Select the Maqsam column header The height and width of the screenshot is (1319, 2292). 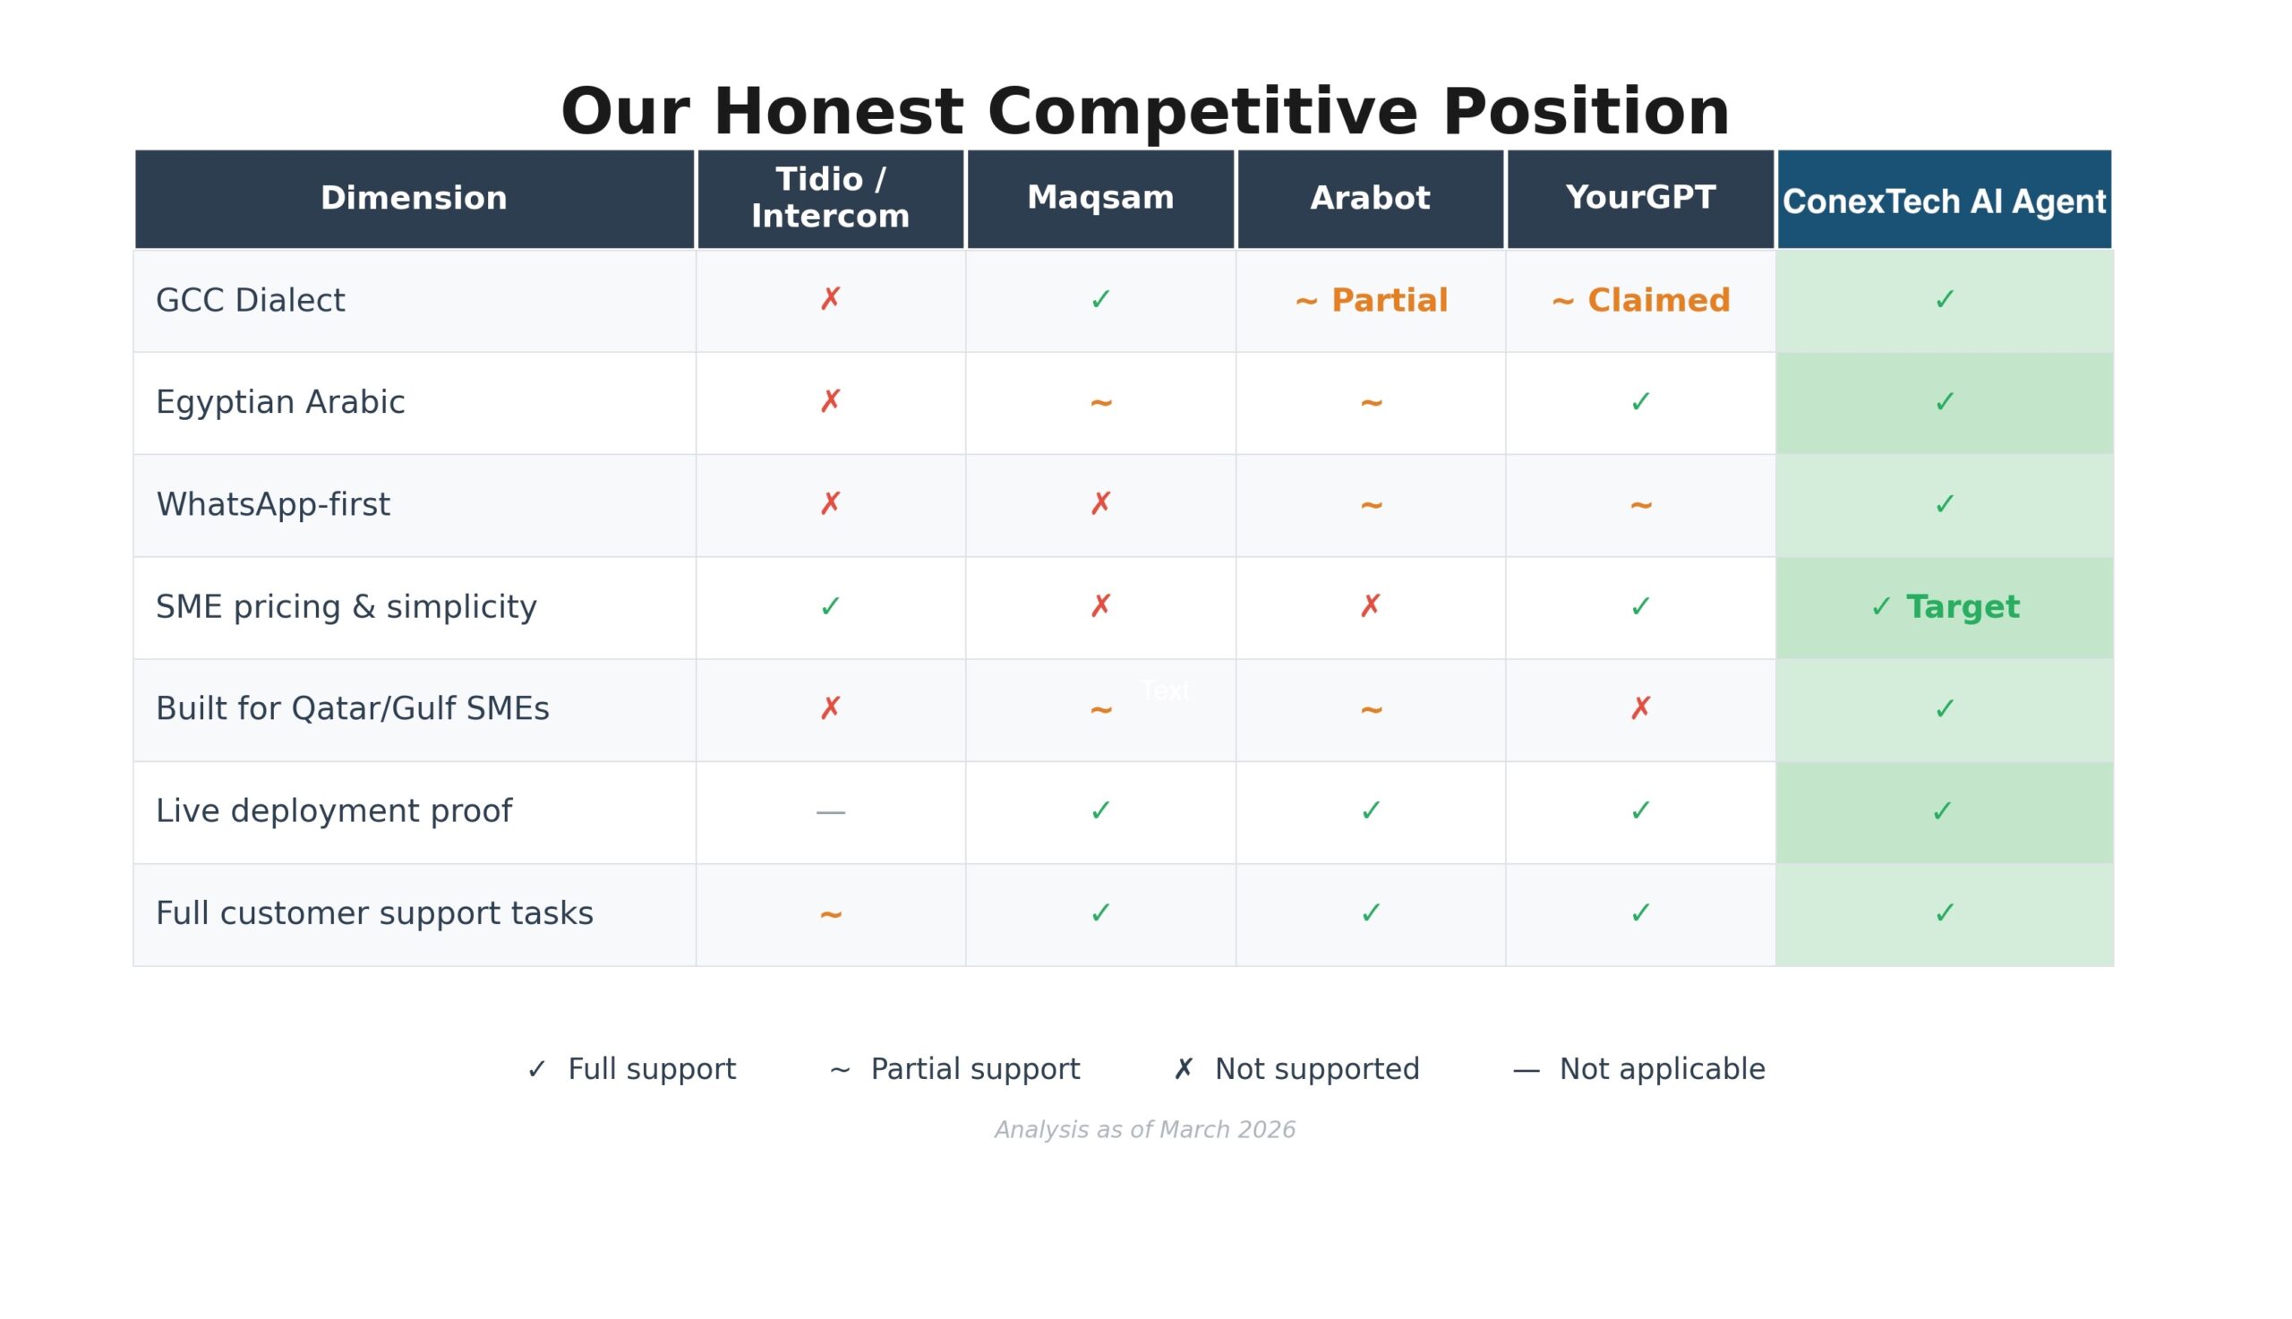coord(1100,199)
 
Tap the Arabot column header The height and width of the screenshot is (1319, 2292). coord(1370,199)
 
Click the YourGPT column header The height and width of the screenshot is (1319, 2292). coord(1640,199)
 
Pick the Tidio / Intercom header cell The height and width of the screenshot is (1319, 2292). coord(831,199)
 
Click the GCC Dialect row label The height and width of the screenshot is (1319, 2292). coord(250,301)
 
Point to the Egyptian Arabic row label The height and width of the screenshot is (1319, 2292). coord(280,403)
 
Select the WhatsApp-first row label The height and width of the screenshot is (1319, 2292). coord(272,505)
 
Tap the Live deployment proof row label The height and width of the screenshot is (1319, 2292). coord(333,811)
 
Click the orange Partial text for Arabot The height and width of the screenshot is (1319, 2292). coord(1390,301)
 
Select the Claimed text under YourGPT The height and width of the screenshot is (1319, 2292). coord(1658,301)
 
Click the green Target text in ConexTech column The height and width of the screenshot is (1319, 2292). coord(1963,607)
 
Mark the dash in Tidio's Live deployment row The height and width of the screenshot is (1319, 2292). coord(831,812)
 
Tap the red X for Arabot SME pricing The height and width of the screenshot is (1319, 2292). coord(1370,606)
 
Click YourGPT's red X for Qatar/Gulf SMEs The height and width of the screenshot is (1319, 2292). coord(1640,708)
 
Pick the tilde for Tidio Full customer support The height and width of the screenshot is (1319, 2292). coord(831,915)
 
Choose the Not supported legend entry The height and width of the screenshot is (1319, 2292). coord(1296,1070)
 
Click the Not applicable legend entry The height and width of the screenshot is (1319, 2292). coord(1639,1070)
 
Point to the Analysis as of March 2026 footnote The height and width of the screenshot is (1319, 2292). coord(1144,1131)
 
